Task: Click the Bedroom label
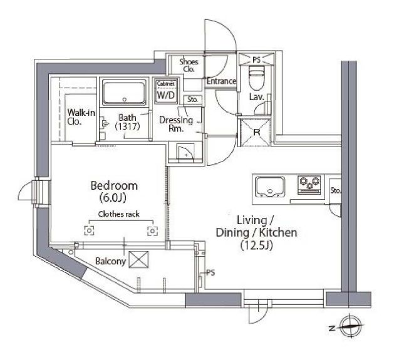(113, 186)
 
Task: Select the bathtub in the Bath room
(124, 93)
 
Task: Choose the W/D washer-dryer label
(165, 96)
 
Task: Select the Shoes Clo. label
(189, 65)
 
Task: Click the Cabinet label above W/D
(165, 84)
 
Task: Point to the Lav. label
(256, 98)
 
